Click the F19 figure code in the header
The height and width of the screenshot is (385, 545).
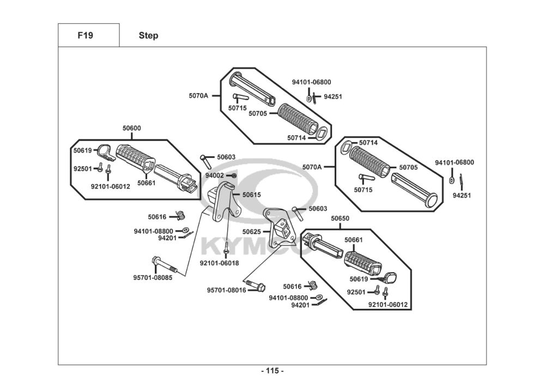(x=85, y=35)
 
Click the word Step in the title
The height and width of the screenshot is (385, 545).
(x=148, y=36)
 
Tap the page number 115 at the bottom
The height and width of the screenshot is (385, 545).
(x=272, y=371)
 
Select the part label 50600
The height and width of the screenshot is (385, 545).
(x=132, y=128)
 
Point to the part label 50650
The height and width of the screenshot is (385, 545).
(x=340, y=218)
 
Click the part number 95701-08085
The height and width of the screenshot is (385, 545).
(x=153, y=278)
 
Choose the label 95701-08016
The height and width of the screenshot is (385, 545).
(x=226, y=290)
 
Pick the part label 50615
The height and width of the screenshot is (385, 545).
(x=252, y=195)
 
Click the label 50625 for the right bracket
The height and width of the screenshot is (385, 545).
(x=252, y=231)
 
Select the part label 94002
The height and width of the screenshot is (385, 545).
(x=214, y=176)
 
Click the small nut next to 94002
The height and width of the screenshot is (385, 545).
(x=234, y=176)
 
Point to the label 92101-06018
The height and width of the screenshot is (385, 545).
(x=219, y=263)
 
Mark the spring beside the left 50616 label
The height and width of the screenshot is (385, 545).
(x=180, y=216)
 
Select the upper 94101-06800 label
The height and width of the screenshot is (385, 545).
(x=311, y=82)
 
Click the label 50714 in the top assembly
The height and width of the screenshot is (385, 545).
(x=296, y=138)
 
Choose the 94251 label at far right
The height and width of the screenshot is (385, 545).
(x=462, y=195)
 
